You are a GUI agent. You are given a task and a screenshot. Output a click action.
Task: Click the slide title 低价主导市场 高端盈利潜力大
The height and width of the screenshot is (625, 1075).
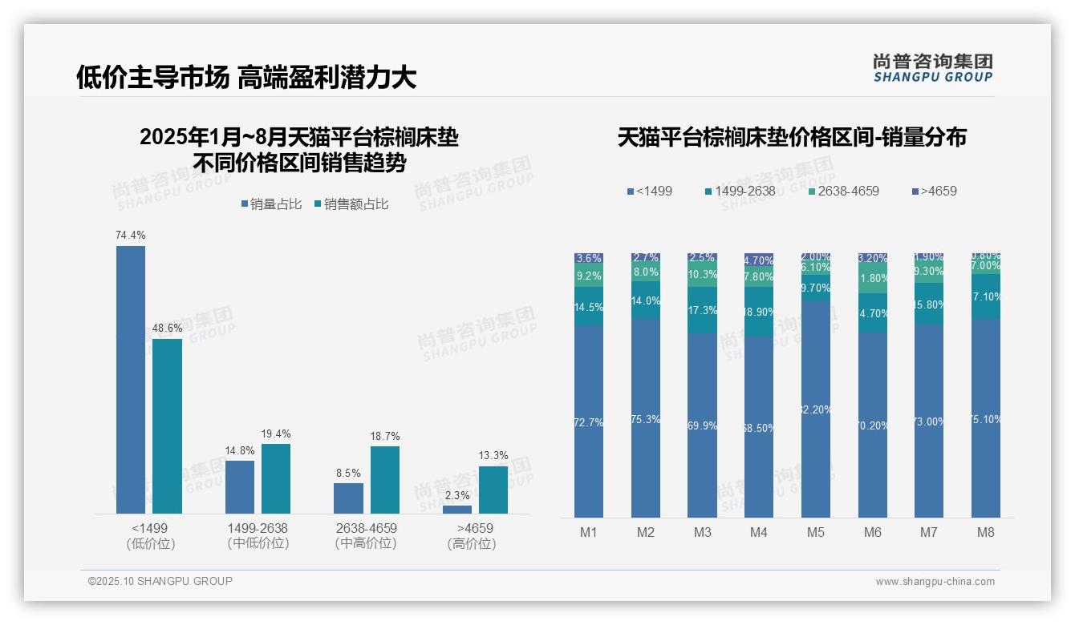[246, 78]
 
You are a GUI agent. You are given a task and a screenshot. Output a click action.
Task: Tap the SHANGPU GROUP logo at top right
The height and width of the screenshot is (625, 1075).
[932, 68]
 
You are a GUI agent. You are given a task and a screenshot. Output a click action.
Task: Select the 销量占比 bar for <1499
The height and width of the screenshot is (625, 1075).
[131, 379]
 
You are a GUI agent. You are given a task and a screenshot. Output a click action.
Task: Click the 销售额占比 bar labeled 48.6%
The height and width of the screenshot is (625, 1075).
[167, 425]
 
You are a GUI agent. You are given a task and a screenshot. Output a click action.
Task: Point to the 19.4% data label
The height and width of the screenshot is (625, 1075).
[275, 433]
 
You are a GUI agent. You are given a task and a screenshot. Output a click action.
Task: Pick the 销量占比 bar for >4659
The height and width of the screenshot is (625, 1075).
[457, 509]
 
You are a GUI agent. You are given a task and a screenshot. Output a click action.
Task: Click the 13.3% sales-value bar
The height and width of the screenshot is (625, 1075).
[493, 490]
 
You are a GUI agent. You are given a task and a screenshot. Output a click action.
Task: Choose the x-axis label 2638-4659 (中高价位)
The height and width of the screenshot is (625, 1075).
[366, 535]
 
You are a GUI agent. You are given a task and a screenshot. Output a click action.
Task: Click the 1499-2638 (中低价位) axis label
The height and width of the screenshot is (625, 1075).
[257, 535]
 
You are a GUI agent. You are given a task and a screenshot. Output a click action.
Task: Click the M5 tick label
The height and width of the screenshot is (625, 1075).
[816, 532]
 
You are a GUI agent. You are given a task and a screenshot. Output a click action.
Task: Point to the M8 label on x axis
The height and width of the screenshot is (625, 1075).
[986, 532]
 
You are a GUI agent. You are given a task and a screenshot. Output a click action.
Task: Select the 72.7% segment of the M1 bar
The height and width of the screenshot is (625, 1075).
[589, 421]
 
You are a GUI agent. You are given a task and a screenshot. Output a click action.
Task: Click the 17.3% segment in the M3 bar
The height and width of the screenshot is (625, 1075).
[702, 310]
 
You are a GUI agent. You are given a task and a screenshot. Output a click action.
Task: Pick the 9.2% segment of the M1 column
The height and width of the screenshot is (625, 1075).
[589, 276]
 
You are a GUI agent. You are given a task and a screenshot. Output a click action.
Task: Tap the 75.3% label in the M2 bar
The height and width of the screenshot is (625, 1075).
[646, 419]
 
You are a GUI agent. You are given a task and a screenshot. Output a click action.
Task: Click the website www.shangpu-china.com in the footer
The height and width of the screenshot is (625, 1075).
[935, 582]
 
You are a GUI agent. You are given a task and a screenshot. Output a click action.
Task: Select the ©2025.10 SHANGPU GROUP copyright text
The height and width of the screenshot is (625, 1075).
[160, 581]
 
